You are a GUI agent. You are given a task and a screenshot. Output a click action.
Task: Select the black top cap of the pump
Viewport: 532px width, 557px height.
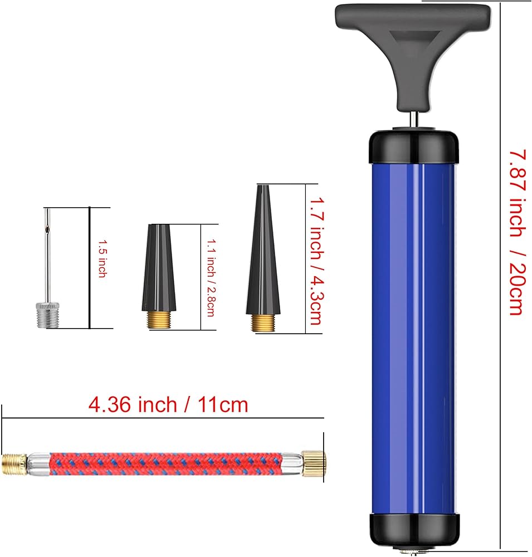pos(413,148)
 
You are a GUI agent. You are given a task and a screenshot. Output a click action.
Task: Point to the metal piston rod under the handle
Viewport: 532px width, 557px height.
pos(414,119)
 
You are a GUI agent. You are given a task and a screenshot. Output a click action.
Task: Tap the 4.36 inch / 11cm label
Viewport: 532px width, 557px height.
pos(168,404)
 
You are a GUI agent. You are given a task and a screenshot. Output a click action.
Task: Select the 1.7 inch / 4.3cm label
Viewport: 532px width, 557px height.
pos(316,261)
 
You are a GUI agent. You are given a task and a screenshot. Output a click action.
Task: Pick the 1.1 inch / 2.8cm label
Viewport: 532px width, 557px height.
pos(211,277)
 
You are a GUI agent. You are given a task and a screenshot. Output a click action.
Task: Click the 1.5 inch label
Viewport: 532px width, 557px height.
pos(103,258)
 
